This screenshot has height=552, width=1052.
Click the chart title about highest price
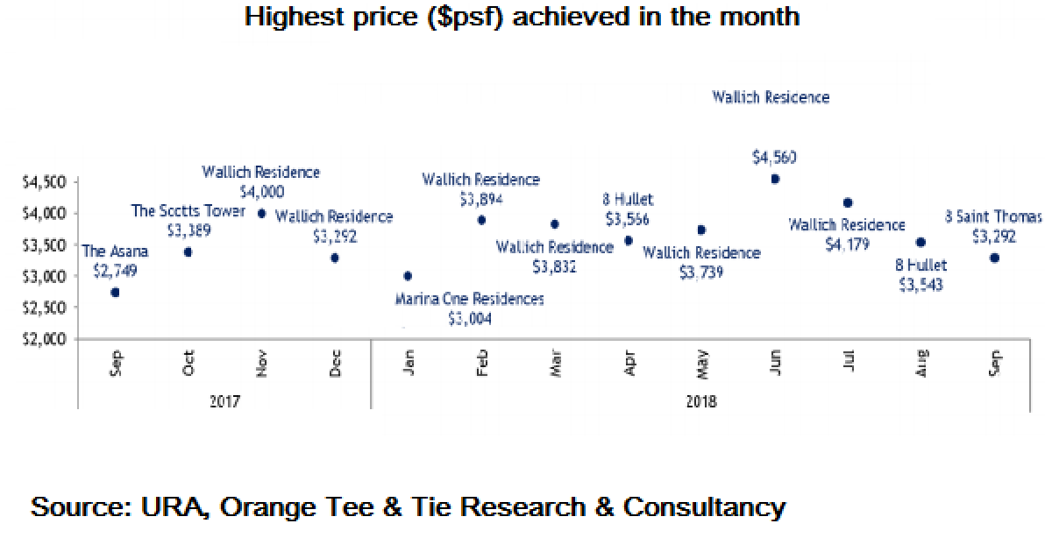(x=522, y=17)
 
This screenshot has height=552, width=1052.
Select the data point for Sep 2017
(x=115, y=292)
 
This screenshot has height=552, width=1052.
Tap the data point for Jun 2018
(x=775, y=179)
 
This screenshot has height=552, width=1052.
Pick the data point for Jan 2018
(x=408, y=276)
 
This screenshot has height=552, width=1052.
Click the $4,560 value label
(x=775, y=158)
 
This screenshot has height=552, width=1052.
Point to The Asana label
(x=115, y=252)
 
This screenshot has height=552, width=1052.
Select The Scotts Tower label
(x=188, y=211)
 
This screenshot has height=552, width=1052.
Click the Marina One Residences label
(x=469, y=300)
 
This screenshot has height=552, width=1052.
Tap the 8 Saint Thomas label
(x=993, y=216)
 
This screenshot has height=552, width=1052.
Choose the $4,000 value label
(x=261, y=191)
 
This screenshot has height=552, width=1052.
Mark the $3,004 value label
(x=469, y=319)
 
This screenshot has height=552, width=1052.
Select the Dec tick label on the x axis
(x=335, y=364)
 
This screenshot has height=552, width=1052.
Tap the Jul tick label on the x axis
(x=848, y=364)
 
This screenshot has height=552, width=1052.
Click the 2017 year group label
(x=224, y=402)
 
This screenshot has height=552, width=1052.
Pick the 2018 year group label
(x=701, y=402)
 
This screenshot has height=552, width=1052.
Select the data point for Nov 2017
(x=261, y=213)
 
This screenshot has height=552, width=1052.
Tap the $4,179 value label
(x=847, y=244)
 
